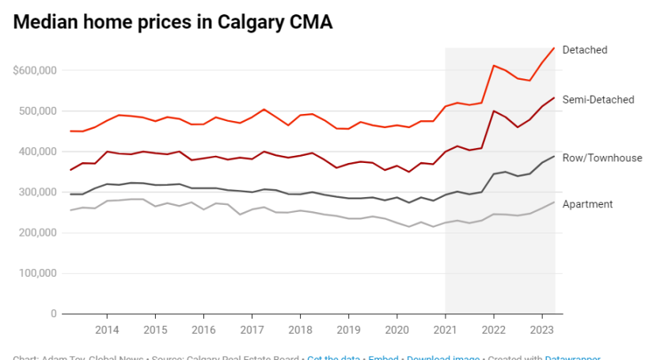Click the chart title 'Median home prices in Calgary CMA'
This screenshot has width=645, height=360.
pyautogui.click(x=173, y=23)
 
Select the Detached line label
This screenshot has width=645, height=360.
pyautogui.click(x=584, y=50)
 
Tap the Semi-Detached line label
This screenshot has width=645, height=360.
pyautogui.click(x=598, y=100)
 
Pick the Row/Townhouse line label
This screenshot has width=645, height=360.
pyautogui.click(x=601, y=158)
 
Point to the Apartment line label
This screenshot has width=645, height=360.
pyautogui.click(x=587, y=204)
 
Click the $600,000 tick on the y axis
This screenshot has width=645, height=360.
pyautogui.click(x=35, y=70)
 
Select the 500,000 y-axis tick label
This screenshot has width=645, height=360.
pyautogui.click(x=37, y=111)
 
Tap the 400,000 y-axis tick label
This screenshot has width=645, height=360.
pyautogui.click(x=37, y=151)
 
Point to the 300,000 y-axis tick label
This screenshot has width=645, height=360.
pyautogui.click(x=37, y=192)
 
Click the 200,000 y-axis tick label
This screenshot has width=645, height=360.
pyautogui.click(x=37, y=233)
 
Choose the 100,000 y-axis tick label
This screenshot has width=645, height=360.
pyautogui.click(x=37, y=273)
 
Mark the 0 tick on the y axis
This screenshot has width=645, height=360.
pyautogui.click(x=55, y=314)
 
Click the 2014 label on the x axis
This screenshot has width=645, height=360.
pyautogui.click(x=107, y=329)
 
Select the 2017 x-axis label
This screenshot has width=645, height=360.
pyautogui.click(x=252, y=329)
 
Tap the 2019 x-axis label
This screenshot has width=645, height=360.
pyautogui.click(x=348, y=329)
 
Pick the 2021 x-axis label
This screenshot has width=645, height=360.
pyautogui.click(x=445, y=329)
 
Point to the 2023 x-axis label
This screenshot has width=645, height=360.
pyautogui.click(x=541, y=329)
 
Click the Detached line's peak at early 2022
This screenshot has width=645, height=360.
pyautogui.click(x=494, y=66)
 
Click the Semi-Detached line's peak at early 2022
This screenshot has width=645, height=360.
pyautogui.click(x=494, y=111)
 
